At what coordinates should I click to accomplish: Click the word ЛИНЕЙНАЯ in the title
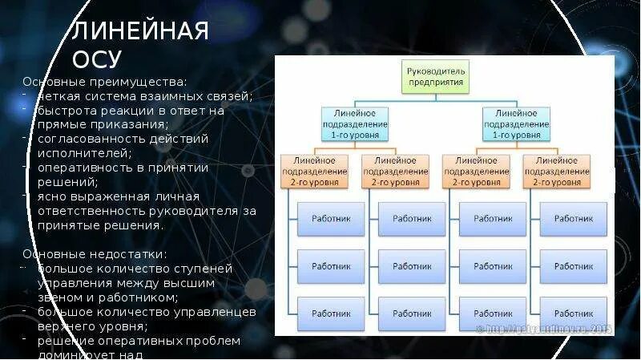click(141, 31)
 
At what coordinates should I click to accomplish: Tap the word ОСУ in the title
click(97, 59)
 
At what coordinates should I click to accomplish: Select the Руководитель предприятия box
click(434, 76)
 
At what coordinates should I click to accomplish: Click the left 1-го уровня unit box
click(356, 124)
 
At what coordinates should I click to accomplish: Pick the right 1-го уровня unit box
click(516, 124)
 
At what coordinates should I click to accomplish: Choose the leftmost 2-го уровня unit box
click(314, 172)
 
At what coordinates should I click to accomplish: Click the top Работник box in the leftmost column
click(330, 218)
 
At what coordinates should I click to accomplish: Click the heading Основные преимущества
click(105, 82)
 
